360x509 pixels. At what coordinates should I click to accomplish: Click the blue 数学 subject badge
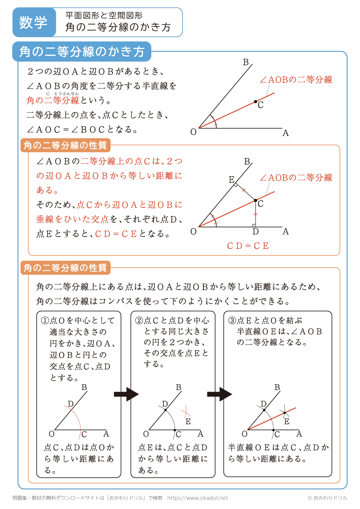[x=33, y=22]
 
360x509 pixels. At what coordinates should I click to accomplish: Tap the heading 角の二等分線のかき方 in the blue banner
[x=82, y=52]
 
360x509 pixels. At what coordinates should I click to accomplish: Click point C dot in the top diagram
[x=256, y=102]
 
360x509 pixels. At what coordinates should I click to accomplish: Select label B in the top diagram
[x=246, y=62]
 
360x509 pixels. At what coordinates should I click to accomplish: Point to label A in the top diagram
[x=285, y=133]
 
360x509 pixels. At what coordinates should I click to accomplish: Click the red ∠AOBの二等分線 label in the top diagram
[x=296, y=79]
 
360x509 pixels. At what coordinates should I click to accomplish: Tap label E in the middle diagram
[x=231, y=179]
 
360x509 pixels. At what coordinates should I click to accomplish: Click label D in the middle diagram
[x=256, y=232]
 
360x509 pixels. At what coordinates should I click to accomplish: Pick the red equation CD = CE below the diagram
[x=248, y=246]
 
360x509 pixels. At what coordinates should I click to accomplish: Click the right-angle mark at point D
[x=254, y=226]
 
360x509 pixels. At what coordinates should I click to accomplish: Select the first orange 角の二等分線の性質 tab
[x=65, y=145]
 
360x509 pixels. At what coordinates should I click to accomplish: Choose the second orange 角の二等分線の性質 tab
[x=65, y=268]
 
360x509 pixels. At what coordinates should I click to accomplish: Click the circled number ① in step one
[x=45, y=321]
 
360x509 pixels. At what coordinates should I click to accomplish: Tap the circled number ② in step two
[x=139, y=321]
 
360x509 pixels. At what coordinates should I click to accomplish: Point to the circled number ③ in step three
[x=232, y=321]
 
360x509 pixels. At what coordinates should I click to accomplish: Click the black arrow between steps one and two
[x=126, y=394]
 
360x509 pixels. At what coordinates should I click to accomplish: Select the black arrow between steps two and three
[x=219, y=394]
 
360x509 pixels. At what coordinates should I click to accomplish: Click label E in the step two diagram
[x=188, y=421]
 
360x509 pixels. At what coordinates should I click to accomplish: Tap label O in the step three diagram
[x=244, y=434]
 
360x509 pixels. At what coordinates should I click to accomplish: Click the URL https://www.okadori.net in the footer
[x=198, y=498]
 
